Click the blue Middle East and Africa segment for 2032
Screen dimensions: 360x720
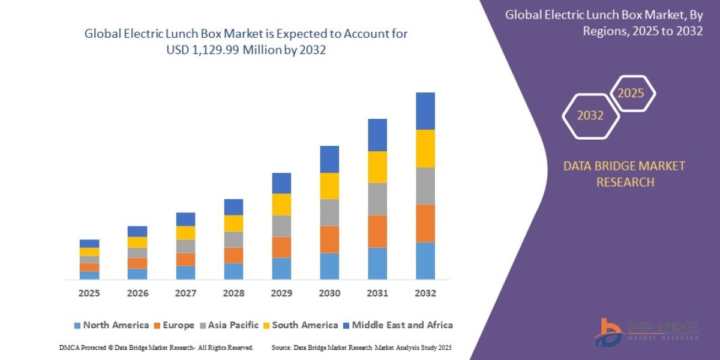425,111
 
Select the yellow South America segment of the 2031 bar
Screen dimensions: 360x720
377,167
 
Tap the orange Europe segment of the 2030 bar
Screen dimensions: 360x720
329,239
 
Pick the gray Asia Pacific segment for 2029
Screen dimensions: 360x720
281,226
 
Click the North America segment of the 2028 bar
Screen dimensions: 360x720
233,271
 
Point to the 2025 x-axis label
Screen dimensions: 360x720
89,293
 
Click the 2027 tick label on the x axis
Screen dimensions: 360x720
185,293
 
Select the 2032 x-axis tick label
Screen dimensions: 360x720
425,293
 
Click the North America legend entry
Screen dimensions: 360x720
110,325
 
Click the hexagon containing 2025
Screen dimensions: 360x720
631,94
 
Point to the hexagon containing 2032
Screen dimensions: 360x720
590,116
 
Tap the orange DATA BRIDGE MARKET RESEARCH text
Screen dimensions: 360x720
624,174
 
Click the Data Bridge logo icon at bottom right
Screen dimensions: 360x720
608,332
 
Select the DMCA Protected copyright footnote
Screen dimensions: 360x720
156,347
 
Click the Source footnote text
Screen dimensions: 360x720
361,347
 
